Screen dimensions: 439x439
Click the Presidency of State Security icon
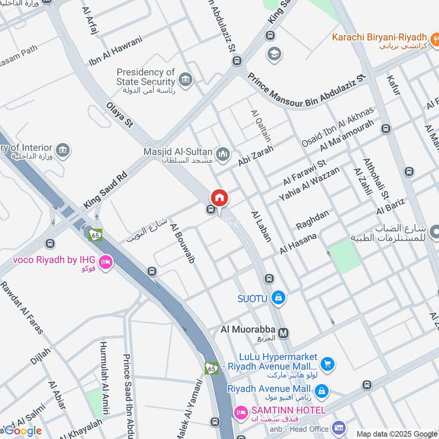(x=186, y=80)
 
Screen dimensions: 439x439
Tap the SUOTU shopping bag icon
(x=279, y=298)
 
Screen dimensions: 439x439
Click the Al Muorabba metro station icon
(x=284, y=333)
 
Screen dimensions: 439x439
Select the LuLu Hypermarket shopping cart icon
(x=327, y=363)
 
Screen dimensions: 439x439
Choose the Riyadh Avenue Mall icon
(x=322, y=391)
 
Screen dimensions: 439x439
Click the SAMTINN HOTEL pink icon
(x=240, y=412)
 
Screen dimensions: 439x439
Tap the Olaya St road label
(x=120, y=114)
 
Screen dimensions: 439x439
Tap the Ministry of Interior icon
(x=63, y=150)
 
